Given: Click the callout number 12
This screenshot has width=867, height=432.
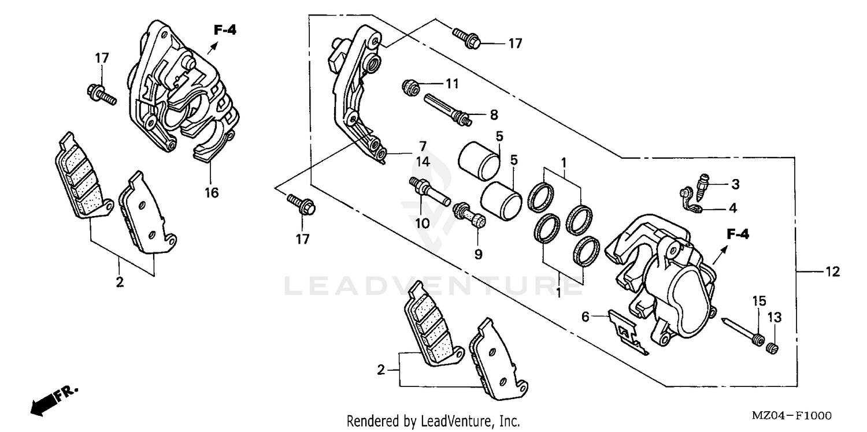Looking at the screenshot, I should (832, 272).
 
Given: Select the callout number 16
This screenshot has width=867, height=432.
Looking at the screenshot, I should (212, 192).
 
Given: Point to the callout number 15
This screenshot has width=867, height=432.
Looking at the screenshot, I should (758, 301).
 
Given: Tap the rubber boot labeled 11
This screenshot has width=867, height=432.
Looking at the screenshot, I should (411, 88).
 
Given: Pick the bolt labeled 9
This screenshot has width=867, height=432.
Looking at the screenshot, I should (471, 214).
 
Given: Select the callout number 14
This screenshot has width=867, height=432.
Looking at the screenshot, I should (424, 162).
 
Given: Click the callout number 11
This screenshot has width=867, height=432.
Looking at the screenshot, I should (451, 84).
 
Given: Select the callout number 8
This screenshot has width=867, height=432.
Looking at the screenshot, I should (493, 115).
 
